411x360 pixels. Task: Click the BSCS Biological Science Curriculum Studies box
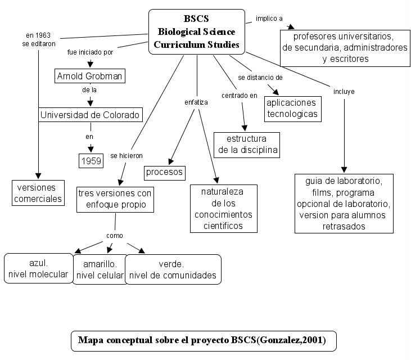pyautogui.click(x=197, y=31)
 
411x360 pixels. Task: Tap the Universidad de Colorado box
pyautogui.click(x=90, y=115)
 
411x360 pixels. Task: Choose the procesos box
pyautogui.click(x=165, y=172)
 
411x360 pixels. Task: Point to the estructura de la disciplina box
pyautogui.click(x=246, y=145)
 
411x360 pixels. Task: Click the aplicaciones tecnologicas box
pyautogui.click(x=292, y=109)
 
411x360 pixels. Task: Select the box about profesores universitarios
pyautogui.click(x=345, y=48)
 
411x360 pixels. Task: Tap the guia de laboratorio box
pyautogui.click(x=344, y=204)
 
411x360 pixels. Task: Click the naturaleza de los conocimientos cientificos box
pyautogui.click(x=224, y=209)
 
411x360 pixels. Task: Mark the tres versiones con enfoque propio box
pyautogui.click(x=115, y=199)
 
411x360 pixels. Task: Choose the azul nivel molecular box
pyautogui.click(x=38, y=269)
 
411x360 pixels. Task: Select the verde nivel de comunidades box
pyautogui.click(x=173, y=269)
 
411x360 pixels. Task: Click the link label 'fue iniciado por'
pyautogui.click(x=90, y=52)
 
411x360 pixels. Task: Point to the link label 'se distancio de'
pyautogui.click(x=260, y=77)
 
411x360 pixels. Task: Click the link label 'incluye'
pyautogui.click(x=344, y=91)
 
